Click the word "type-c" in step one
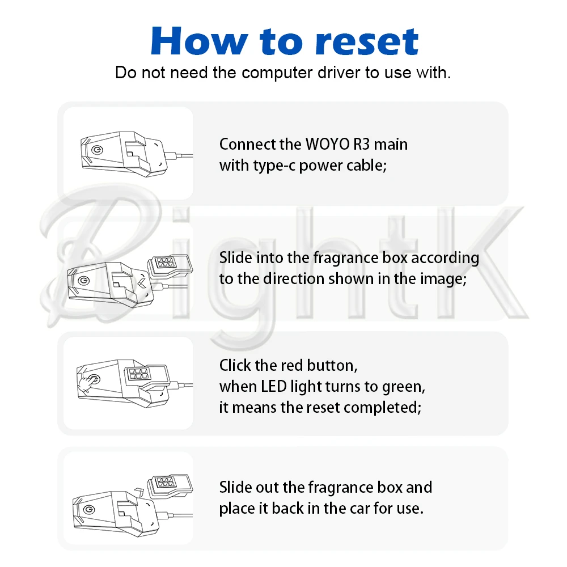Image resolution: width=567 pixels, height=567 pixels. point(273,166)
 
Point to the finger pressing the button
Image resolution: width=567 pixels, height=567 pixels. point(87,384)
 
